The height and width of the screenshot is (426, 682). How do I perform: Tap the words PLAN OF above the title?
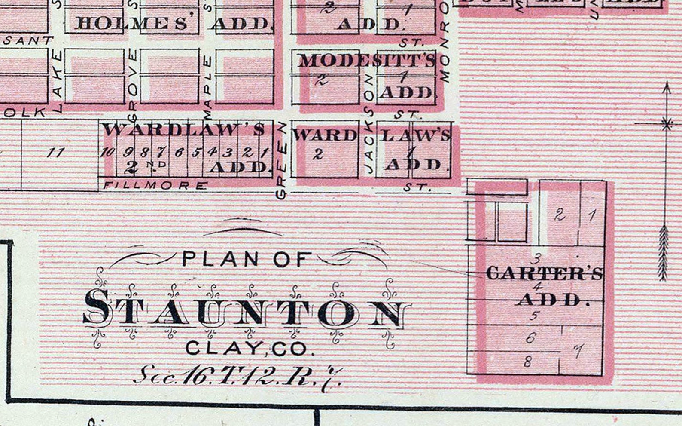coord(247,259)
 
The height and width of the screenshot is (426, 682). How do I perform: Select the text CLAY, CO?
coord(250,348)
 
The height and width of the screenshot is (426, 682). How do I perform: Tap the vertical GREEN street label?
coord(282,160)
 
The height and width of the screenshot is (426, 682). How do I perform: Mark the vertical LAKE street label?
coord(57,80)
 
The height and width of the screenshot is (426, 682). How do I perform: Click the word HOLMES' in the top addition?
coord(131,22)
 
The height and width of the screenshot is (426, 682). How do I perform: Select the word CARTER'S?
coord(544,274)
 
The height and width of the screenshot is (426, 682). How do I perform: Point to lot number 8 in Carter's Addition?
coord(527,362)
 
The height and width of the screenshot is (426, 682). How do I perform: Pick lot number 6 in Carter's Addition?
coord(531,338)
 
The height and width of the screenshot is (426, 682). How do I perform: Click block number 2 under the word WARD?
coord(318,155)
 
